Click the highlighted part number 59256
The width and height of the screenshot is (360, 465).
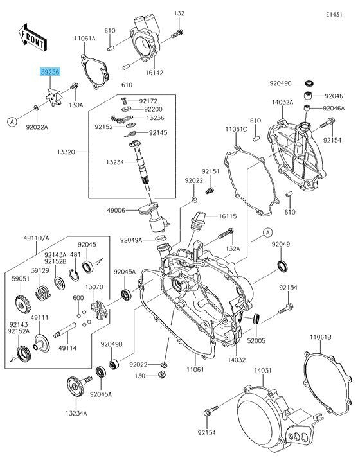pos(50,72)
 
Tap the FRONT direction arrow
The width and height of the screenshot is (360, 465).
pos(32,38)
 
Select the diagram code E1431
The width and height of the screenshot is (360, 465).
pos(334,15)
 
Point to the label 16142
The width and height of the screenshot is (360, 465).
pos(154,73)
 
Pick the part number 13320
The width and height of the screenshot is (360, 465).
pos(66,152)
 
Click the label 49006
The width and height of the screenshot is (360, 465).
pos(116,211)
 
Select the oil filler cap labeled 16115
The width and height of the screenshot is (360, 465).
pos(197,221)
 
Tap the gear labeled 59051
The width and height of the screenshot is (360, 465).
pos(23,304)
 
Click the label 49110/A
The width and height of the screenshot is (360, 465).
pos(37,238)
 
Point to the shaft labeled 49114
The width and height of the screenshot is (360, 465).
pos(65,329)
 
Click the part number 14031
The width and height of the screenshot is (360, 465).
pos(263,371)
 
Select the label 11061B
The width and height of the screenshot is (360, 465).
pos(321,337)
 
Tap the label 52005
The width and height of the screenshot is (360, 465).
pos(256,341)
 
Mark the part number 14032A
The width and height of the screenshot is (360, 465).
pos(282,102)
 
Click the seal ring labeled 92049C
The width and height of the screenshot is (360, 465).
pos(310,83)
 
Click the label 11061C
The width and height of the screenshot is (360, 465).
pos(236,129)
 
